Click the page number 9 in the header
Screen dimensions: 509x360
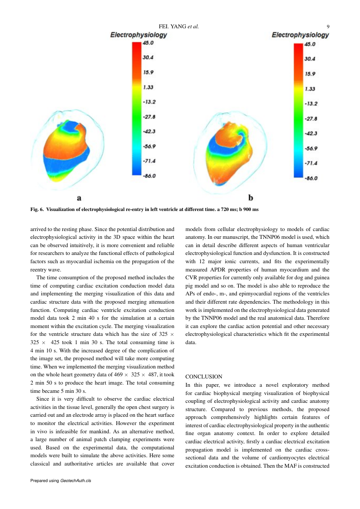[x=327, y=27]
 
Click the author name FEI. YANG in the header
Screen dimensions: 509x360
[x=172, y=27]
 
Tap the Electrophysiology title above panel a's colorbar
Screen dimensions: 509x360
[x=138, y=35]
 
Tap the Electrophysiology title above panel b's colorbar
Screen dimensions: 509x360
[x=300, y=35]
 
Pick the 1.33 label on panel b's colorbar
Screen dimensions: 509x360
[x=310, y=89]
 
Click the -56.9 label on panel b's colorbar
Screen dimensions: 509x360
[x=311, y=148]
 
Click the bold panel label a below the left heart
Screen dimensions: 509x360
[x=79, y=198]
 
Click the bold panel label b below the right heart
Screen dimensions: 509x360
[x=251, y=198]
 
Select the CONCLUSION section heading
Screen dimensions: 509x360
[x=204, y=376]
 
